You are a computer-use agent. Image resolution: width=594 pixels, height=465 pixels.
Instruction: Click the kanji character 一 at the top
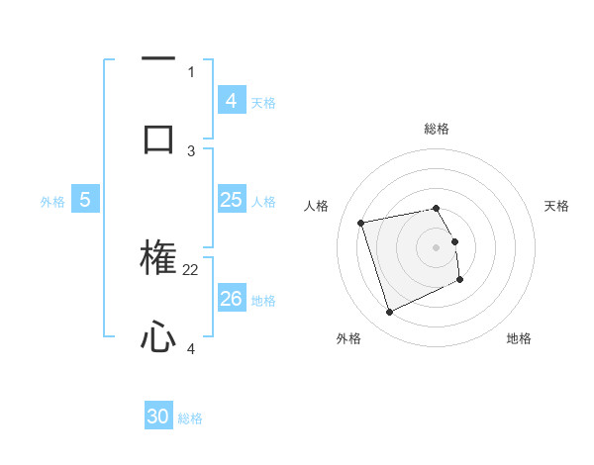(x=158, y=60)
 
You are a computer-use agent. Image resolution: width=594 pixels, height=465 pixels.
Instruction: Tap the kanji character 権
(x=158, y=258)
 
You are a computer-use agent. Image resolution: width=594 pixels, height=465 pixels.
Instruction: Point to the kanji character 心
(x=158, y=337)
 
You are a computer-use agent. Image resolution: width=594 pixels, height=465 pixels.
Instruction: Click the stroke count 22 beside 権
(x=191, y=269)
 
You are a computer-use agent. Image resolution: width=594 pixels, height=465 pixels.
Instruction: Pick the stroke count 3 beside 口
(x=191, y=150)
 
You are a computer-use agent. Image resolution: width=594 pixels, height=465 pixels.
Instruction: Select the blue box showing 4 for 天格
(x=231, y=100)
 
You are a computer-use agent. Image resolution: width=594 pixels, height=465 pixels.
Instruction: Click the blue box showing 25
(x=231, y=200)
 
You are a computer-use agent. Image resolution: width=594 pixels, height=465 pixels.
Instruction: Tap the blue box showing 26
(x=231, y=298)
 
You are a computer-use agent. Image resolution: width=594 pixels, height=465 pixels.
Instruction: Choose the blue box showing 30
(x=158, y=417)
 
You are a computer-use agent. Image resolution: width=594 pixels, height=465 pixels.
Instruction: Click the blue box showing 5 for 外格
(x=85, y=200)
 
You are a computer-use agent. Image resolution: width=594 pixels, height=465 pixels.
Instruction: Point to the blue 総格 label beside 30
(x=190, y=418)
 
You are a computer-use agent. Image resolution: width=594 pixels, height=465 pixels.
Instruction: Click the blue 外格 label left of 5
(x=52, y=202)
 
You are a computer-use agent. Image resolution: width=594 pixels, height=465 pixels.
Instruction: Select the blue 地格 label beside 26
(x=263, y=301)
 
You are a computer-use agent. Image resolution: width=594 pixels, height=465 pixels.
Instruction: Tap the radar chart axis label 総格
(x=437, y=129)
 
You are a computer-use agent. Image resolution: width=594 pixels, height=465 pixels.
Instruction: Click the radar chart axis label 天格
(x=556, y=206)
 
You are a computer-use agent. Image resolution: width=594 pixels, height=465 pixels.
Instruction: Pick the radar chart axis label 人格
(x=317, y=206)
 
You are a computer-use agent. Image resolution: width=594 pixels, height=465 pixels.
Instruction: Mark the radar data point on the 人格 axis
(x=361, y=223)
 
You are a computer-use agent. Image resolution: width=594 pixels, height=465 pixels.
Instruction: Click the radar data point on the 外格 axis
(x=389, y=313)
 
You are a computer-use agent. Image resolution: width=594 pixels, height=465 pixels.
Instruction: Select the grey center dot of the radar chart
(x=437, y=247)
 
